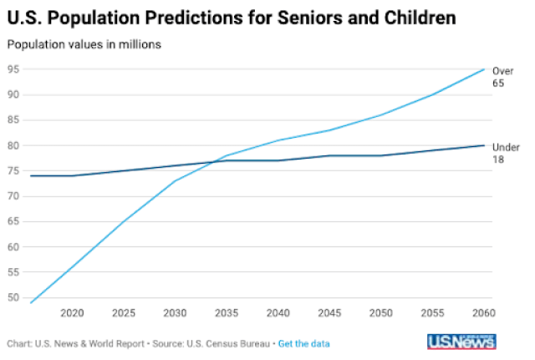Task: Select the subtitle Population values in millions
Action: (84, 44)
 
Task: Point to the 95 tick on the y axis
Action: (14, 68)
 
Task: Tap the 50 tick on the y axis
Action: (14, 297)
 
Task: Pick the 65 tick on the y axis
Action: (14, 221)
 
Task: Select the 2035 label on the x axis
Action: (227, 314)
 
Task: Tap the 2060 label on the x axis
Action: (482, 314)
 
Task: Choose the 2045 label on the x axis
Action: (330, 314)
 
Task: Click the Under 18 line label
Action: (504, 152)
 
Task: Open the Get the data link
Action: (303, 343)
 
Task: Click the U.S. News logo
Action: (461, 342)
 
